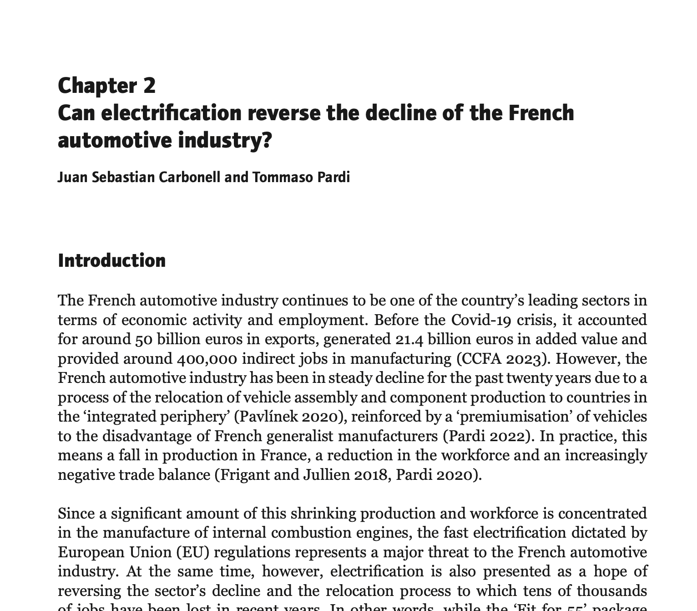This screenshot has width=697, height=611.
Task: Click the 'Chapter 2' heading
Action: (x=106, y=86)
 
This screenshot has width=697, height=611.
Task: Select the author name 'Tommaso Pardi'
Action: (x=301, y=177)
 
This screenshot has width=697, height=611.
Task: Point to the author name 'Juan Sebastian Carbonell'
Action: (x=139, y=177)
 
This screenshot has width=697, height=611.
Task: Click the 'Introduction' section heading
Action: (x=112, y=260)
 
